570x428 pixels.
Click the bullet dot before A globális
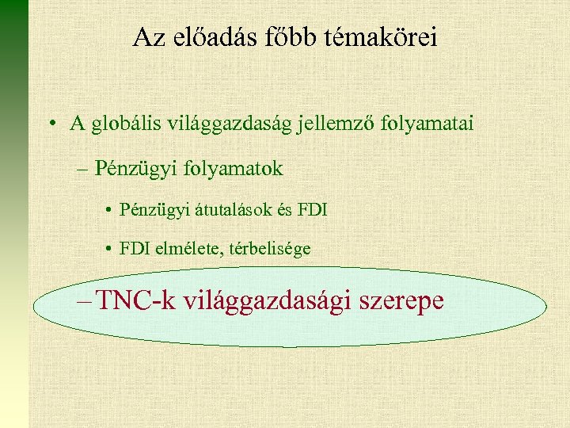[51, 124]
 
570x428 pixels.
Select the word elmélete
[188, 249]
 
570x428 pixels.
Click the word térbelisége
[271, 249]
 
